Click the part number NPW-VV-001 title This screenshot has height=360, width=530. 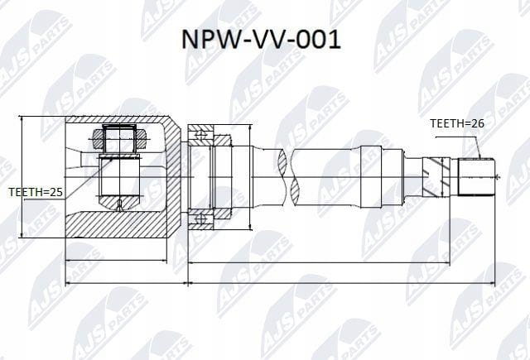point(261,40)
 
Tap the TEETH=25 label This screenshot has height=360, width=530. point(36,192)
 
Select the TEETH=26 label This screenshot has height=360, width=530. point(457,123)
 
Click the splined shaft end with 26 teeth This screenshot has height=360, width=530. point(476,176)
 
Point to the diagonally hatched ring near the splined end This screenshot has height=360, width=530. point(436,177)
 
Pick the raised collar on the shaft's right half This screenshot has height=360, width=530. point(371,176)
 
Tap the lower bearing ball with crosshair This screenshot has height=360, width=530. point(200,219)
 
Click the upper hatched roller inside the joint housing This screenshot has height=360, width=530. point(119,139)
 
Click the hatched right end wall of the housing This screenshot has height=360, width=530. point(173,176)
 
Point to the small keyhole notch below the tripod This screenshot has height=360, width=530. point(119,205)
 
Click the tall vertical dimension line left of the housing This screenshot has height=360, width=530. point(22,176)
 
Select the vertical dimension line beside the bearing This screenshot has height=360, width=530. point(250,176)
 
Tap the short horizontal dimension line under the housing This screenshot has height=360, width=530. point(116,261)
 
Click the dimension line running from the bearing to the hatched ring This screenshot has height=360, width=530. point(319,262)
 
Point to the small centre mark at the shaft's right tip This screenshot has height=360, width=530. point(497,176)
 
